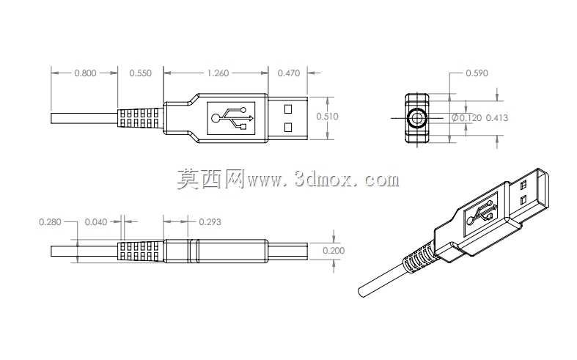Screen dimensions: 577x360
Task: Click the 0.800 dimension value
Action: point(85,73)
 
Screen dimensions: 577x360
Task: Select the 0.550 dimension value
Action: point(141,73)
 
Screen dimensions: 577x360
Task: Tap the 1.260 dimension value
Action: point(218,73)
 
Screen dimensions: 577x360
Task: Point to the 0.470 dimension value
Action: point(289,73)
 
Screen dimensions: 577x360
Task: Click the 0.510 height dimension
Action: point(327,117)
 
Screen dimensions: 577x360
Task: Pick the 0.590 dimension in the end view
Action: point(477,73)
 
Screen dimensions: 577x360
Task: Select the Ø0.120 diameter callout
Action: point(466,118)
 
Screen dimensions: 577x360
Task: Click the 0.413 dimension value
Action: point(497,118)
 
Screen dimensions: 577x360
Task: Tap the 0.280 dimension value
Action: point(50,222)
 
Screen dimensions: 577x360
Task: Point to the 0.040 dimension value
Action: point(96,222)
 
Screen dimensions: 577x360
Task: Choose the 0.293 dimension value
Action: point(210,222)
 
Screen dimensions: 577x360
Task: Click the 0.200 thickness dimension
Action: point(334,251)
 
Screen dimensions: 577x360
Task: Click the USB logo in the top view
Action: point(231,118)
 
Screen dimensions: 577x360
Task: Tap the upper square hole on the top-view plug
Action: point(288,109)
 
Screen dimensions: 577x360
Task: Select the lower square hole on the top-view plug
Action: point(288,128)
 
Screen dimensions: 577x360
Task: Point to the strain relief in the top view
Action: point(140,118)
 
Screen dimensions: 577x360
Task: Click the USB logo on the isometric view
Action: point(481,213)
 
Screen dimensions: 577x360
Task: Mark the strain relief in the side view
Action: point(140,251)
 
